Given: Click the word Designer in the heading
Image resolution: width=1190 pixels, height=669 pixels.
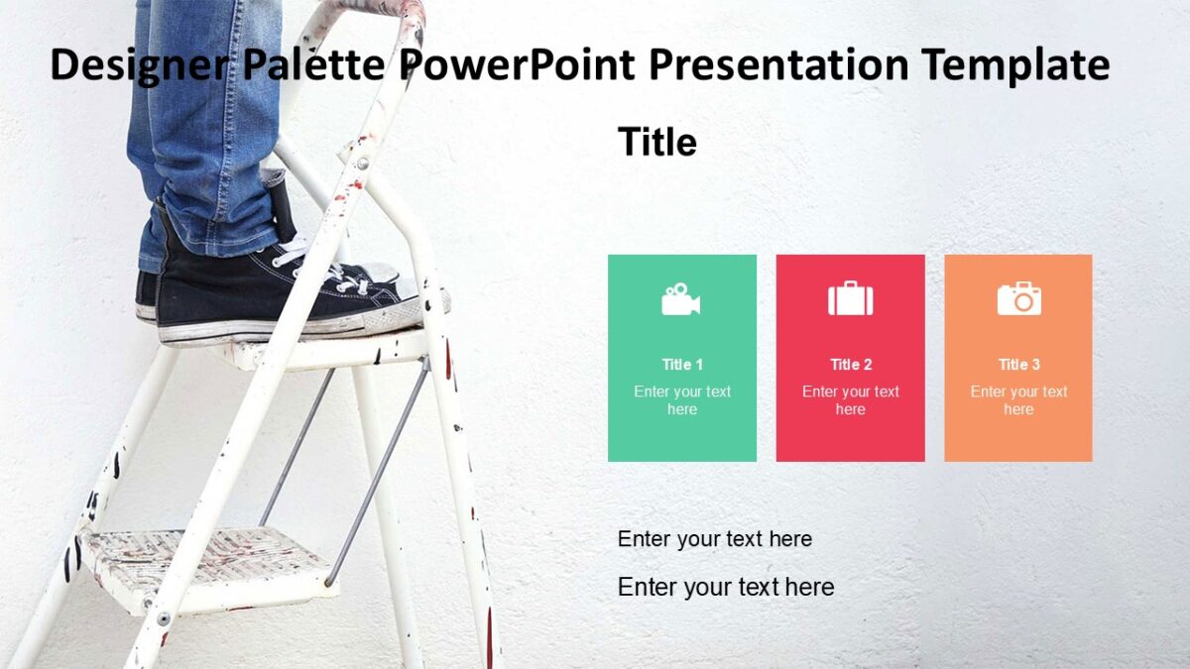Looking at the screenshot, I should click(138, 65).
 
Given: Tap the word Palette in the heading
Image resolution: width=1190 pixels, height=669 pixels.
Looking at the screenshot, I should click(313, 65).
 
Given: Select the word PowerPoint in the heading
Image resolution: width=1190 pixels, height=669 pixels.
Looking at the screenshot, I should click(518, 65).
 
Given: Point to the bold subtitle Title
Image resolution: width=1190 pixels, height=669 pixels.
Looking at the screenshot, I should click(656, 142).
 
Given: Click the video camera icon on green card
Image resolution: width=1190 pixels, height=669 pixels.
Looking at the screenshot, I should click(681, 298).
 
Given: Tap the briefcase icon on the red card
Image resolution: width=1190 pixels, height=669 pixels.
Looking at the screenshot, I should click(850, 298).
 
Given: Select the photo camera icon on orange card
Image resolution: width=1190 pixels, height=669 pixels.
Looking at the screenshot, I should click(1018, 298).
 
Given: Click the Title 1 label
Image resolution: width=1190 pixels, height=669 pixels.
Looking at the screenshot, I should click(682, 364).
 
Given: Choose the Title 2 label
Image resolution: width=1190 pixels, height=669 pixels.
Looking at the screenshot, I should click(851, 364).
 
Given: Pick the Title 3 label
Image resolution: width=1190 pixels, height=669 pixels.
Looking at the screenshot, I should click(1018, 364).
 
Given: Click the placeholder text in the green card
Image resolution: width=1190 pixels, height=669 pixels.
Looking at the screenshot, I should click(682, 400).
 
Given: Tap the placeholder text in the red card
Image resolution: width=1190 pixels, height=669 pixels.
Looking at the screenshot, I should click(851, 400).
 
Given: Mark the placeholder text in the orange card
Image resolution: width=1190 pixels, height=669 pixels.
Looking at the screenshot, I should click(1018, 400).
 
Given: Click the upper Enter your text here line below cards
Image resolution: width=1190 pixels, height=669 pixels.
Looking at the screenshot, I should click(714, 539).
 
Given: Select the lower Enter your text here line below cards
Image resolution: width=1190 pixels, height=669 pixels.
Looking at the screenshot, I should click(725, 587).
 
